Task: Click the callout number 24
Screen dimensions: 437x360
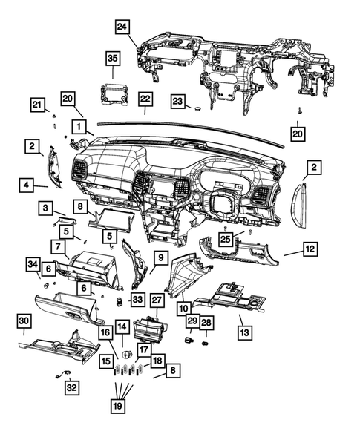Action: coord(122,27)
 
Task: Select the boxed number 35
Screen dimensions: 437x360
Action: coord(112,58)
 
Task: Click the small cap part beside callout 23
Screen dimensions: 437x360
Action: coord(199,106)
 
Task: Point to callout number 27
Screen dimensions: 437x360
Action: coord(157,300)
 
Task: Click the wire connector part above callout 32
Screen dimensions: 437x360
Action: coord(62,375)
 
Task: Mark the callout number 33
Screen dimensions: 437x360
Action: coord(137,299)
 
